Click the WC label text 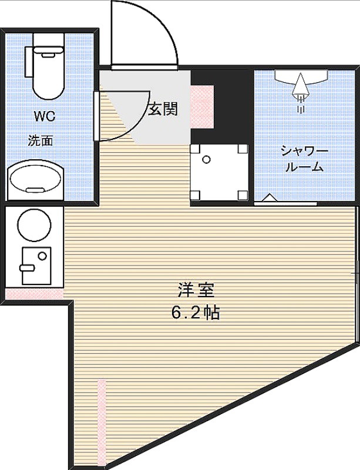45,116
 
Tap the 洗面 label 41,140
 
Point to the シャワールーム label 304,159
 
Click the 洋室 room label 196,290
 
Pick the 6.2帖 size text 196,313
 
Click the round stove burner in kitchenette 35,226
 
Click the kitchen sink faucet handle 27,267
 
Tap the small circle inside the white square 207,159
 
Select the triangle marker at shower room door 271,197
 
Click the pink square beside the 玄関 202,107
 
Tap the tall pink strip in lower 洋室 102,422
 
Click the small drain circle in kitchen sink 42,256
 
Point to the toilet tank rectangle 28,62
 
